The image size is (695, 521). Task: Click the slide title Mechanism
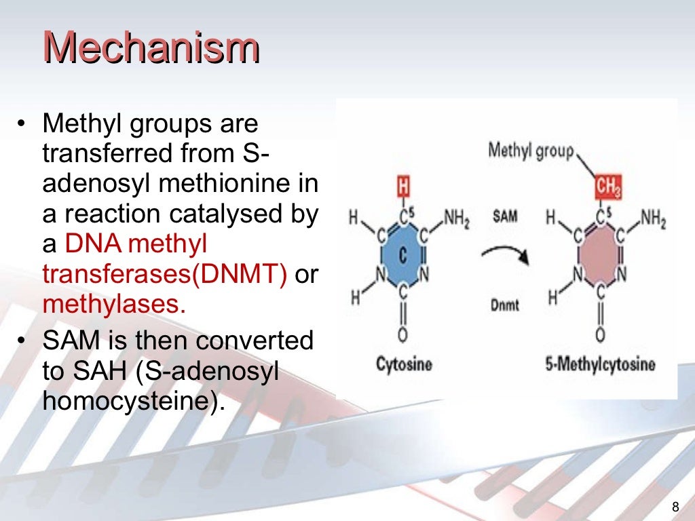151,49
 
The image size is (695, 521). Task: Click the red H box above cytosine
403,186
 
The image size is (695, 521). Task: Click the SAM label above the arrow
505,218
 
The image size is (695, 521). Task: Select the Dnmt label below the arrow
504,305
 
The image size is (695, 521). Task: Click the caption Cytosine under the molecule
404,364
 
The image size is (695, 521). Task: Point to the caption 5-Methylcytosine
600,364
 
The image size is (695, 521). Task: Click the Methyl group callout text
530,151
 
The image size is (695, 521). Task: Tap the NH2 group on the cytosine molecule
455,219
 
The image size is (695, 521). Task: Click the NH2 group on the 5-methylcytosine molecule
652,219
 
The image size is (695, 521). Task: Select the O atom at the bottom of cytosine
403,334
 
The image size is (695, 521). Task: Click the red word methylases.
114,303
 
